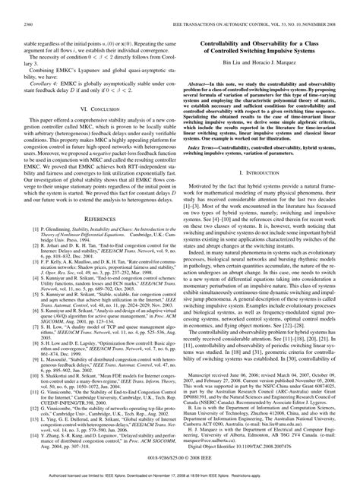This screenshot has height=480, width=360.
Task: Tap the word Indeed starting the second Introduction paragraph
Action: coord(207,273)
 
